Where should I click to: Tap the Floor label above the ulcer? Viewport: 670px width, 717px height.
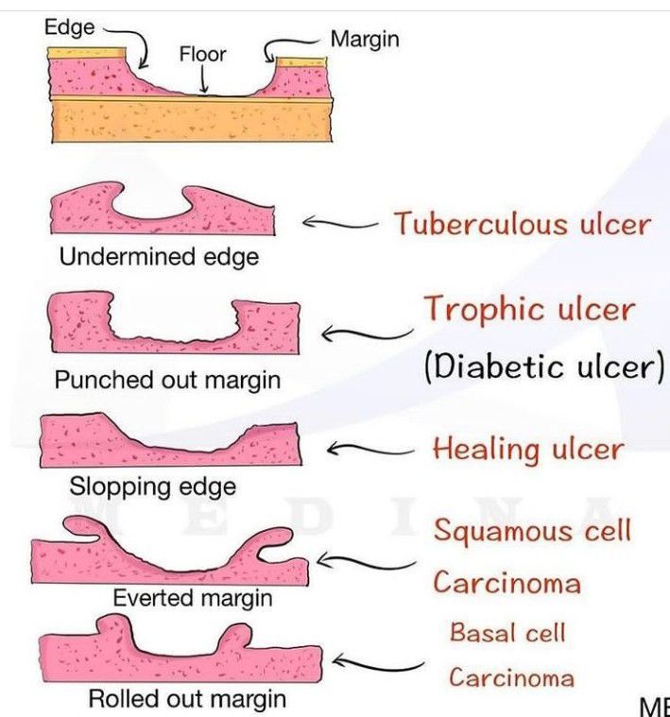(202, 54)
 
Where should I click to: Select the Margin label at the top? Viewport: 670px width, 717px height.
(365, 39)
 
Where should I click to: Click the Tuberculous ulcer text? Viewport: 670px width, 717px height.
(522, 225)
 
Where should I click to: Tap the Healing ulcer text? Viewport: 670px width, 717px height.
(527, 449)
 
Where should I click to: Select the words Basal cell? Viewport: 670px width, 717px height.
(507, 632)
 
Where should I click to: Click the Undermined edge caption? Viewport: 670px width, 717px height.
(159, 256)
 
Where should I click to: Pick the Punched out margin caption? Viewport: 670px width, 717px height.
(167, 380)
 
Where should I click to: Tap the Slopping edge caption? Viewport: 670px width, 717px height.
(152, 487)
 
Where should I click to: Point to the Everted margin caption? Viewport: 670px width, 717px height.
(192, 598)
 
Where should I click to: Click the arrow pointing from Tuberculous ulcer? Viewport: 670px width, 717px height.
(340, 224)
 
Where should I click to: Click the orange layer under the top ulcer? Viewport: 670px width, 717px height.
(189, 120)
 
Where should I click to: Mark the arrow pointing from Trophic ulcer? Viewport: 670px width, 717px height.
(364, 333)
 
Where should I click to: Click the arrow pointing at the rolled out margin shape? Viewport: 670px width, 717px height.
(373, 664)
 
